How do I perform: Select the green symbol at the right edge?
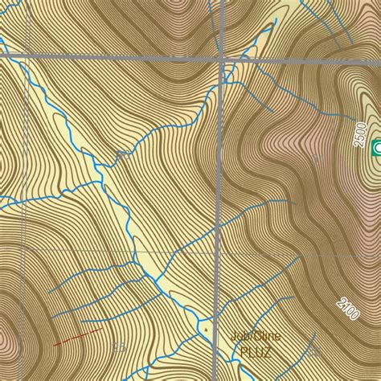click(376, 147)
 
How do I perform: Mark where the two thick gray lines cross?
click(221, 59)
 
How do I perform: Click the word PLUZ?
click(249, 352)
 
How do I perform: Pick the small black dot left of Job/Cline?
click(207, 330)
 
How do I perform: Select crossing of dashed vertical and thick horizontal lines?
click(26, 57)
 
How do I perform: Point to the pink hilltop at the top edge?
click(178, 6)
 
